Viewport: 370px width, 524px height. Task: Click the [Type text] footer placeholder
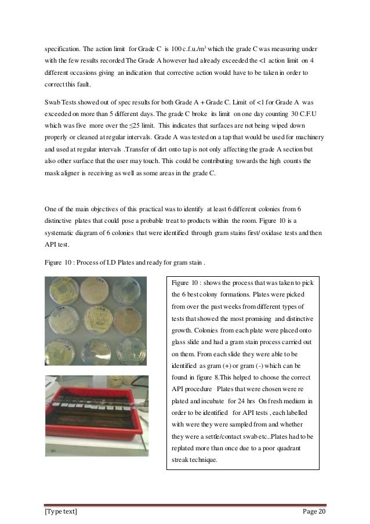click(x=61, y=509)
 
